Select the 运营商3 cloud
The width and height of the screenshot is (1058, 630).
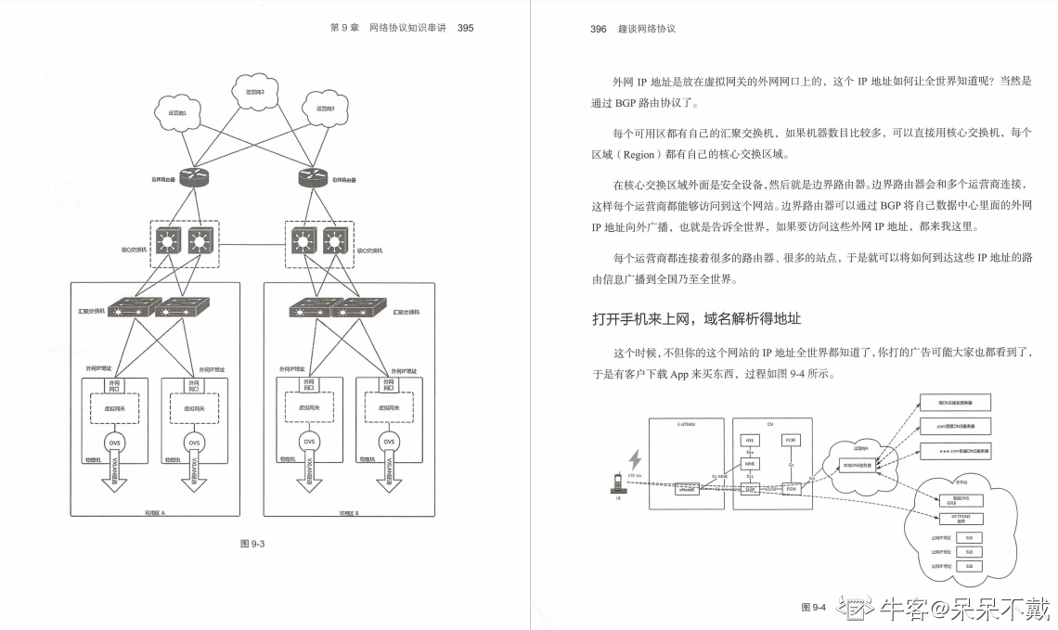pyautogui.click(x=325, y=107)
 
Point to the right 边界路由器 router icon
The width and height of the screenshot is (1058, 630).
pyautogui.click(x=311, y=176)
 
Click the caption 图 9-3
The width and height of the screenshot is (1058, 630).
pyautogui.click(x=253, y=544)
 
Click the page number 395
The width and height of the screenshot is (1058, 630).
pyautogui.click(x=466, y=28)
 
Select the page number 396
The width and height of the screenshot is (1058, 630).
pyautogui.click(x=599, y=29)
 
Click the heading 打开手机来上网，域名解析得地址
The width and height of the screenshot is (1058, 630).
pyautogui.click(x=696, y=318)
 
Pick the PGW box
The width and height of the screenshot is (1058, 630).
pyautogui.click(x=791, y=487)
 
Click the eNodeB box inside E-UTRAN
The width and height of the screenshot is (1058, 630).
pyautogui.click(x=687, y=487)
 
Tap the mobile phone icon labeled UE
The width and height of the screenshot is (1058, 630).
pyautogui.click(x=615, y=483)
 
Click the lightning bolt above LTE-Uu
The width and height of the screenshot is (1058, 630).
pyautogui.click(x=636, y=459)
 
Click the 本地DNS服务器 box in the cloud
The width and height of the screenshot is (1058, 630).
pyautogui.click(x=857, y=465)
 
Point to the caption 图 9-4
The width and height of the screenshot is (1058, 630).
pyautogui.click(x=813, y=608)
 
